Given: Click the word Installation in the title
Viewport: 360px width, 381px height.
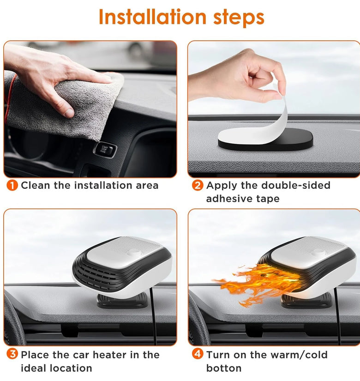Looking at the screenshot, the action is pyautogui.click(x=153, y=17).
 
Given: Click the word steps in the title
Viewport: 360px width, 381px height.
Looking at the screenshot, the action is pyautogui.click(x=239, y=18).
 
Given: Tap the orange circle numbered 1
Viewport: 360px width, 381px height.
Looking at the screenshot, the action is pyautogui.click(x=12, y=185).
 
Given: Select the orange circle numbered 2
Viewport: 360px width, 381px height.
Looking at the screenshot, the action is pyautogui.click(x=198, y=185).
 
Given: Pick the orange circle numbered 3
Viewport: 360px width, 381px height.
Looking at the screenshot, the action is pyautogui.click(x=12, y=354).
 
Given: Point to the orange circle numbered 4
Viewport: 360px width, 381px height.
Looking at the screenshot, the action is pyautogui.click(x=198, y=354).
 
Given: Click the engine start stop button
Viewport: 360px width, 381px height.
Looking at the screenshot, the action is pyautogui.click(x=105, y=150).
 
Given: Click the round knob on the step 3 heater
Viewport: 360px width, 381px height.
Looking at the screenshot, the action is pyautogui.click(x=134, y=253).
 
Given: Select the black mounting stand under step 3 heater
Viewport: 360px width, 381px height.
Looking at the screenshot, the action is pyautogui.click(x=122, y=301).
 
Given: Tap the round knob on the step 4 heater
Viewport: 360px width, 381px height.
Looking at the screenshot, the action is pyautogui.click(x=319, y=253).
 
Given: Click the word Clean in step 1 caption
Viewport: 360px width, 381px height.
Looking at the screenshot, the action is pyautogui.click(x=36, y=185).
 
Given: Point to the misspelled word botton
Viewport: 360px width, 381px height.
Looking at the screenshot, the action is pyautogui.click(x=224, y=368).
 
